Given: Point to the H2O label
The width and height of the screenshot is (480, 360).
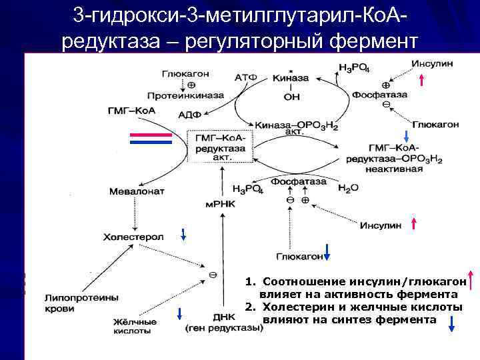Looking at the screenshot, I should (348, 189).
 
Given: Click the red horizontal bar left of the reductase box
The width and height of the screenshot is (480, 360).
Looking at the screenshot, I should (151, 134).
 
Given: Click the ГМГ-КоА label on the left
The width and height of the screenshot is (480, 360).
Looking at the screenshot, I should (131, 110).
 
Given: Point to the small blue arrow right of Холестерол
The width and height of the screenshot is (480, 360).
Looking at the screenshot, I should (183, 233).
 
